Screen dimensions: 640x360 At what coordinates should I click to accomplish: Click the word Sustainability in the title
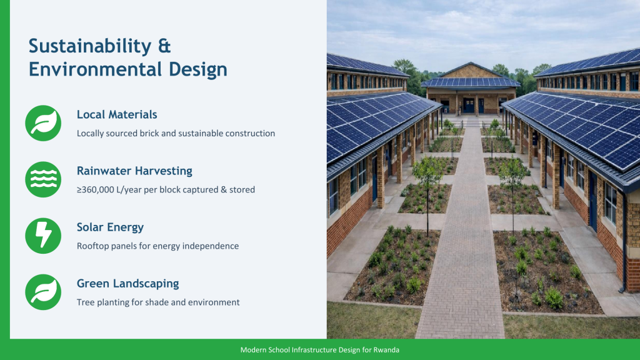pos(90,46)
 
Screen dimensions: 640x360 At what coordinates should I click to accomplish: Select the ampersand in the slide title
pos(164,46)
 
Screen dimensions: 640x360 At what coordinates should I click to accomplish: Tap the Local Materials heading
pos(117,115)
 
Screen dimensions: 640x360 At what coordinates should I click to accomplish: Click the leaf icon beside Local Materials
pos(43,123)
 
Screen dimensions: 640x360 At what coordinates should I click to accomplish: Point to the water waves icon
pos(43,179)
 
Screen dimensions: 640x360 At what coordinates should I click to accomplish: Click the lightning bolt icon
pos(43,236)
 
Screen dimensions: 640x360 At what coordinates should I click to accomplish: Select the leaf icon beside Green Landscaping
pos(43,292)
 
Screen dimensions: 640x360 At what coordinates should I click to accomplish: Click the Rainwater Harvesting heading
pos(134,171)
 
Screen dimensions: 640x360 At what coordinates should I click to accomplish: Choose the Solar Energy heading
pos(110,227)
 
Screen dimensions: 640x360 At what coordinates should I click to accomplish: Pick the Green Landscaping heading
pos(127,284)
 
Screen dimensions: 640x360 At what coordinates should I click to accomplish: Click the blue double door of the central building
pos(469,105)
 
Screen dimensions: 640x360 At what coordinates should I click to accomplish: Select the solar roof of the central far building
pos(471,82)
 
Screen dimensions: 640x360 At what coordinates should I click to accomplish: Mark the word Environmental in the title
pos(94,69)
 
